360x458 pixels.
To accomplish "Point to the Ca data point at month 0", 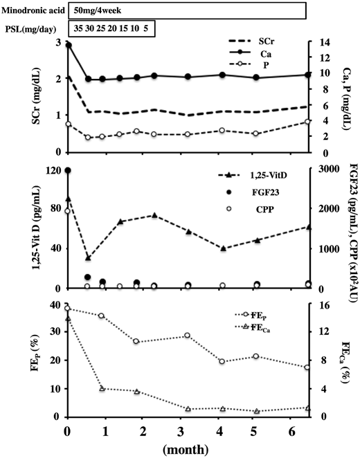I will pyautogui.click(x=67, y=45).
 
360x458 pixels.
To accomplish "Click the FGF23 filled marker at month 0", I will pyautogui.click(x=67, y=170).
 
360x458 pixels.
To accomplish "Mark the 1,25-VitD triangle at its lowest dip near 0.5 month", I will pyautogui.click(x=87, y=257).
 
